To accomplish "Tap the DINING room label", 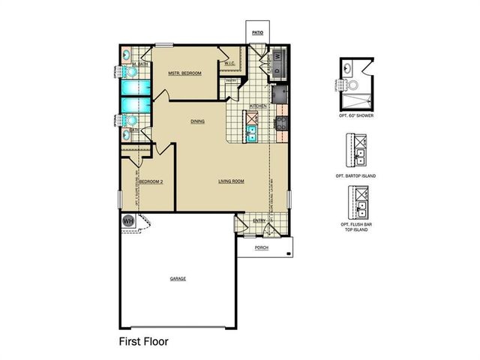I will click(198, 121).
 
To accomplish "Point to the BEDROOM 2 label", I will click(151, 181).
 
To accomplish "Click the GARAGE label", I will click(178, 278).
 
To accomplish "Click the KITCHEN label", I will click(259, 106).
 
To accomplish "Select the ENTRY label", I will click(259, 220).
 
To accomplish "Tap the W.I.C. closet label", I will click(230, 64).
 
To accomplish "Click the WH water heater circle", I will click(127, 221).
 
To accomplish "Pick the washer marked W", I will click(279, 55).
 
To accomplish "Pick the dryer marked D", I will click(279, 70).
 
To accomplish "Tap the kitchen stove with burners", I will click(282, 124).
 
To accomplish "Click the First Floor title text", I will click(144, 340).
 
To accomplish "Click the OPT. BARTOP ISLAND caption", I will click(355, 175).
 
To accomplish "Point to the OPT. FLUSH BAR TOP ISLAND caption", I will click(355, 227).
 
